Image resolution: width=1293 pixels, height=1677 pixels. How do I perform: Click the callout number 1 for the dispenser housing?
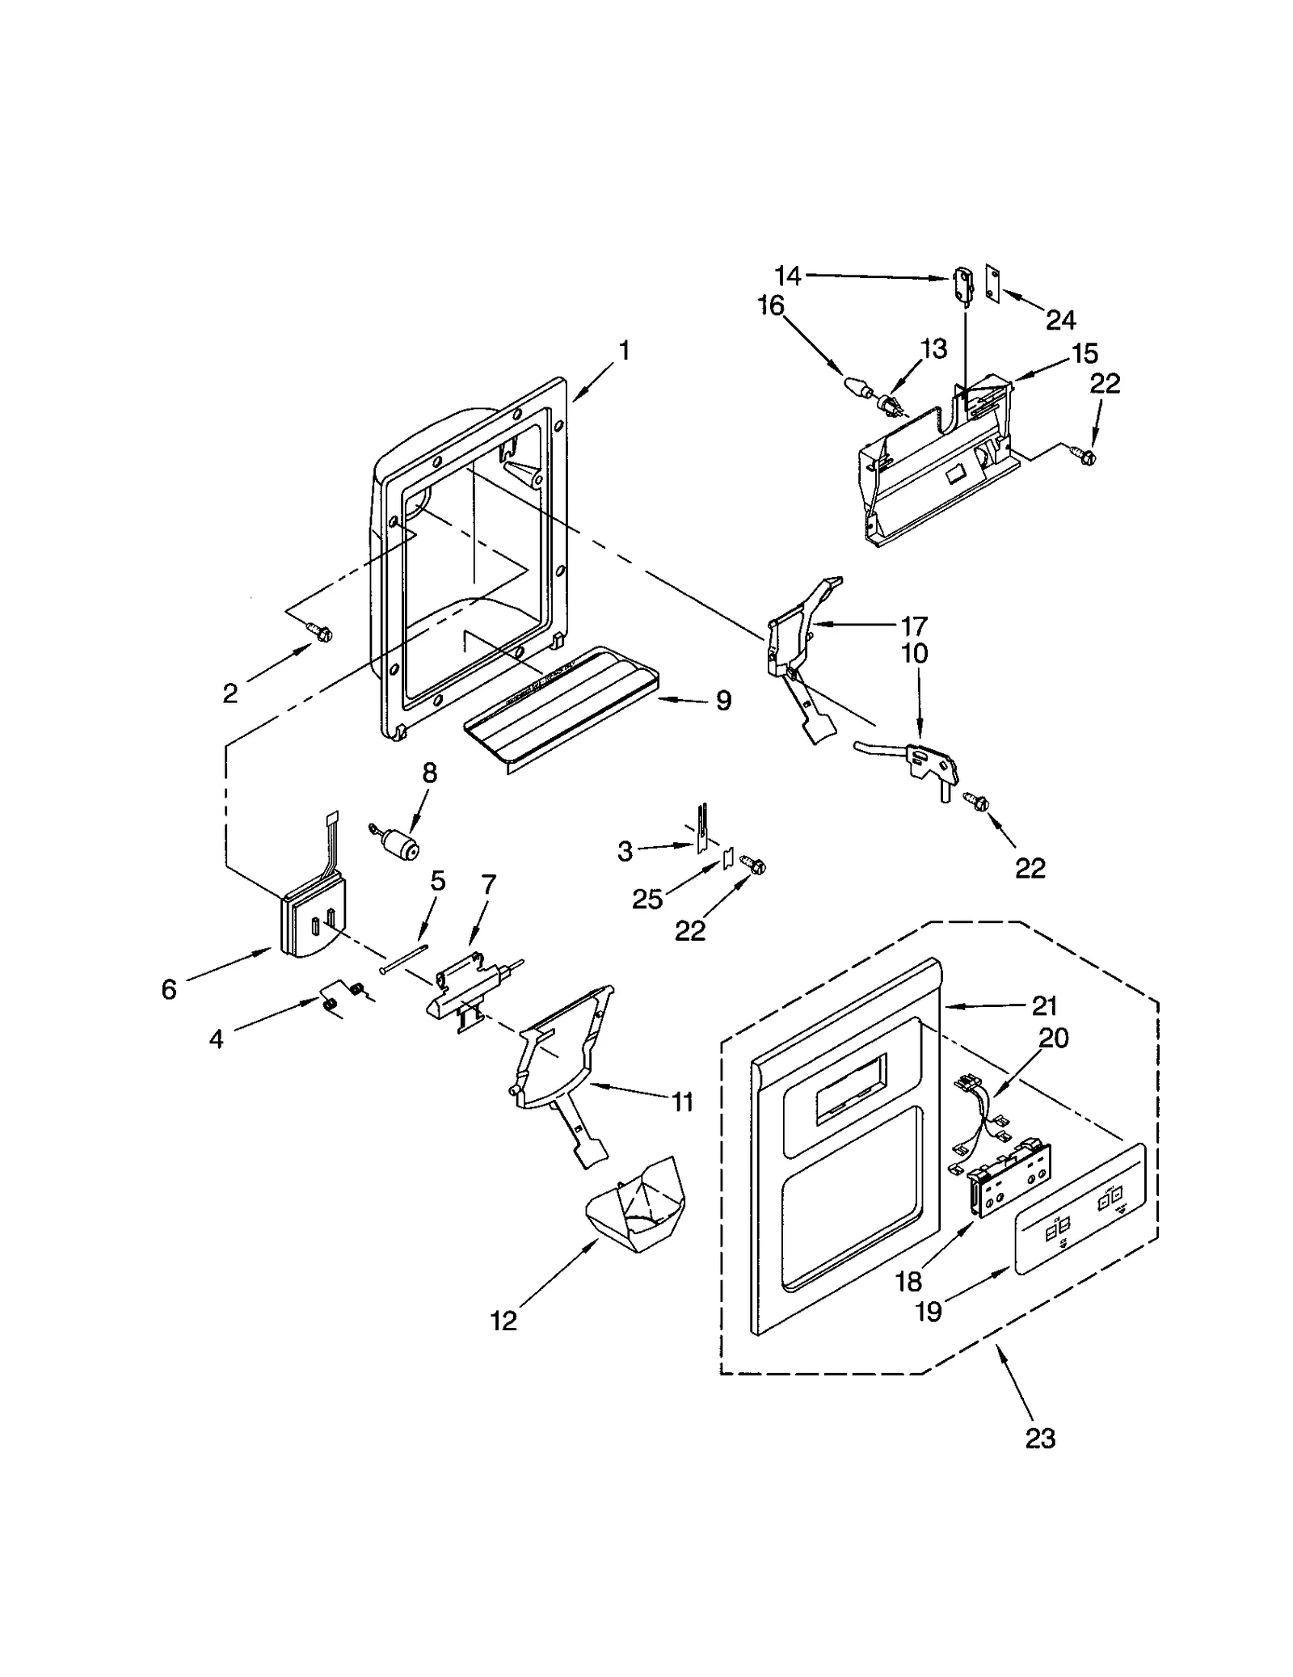623,352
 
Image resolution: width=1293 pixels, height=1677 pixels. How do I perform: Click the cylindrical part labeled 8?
399,846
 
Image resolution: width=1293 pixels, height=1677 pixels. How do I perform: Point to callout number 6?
168,988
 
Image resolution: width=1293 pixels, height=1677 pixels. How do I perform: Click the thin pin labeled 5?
402,958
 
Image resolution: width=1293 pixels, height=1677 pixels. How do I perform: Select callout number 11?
683,1101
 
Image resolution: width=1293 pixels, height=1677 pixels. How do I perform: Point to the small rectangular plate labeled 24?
993,281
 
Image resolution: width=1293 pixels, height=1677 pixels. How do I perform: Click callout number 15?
1085,353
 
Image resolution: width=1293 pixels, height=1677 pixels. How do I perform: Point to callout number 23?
1040,1438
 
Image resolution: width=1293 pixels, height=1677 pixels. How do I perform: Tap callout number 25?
647,898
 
